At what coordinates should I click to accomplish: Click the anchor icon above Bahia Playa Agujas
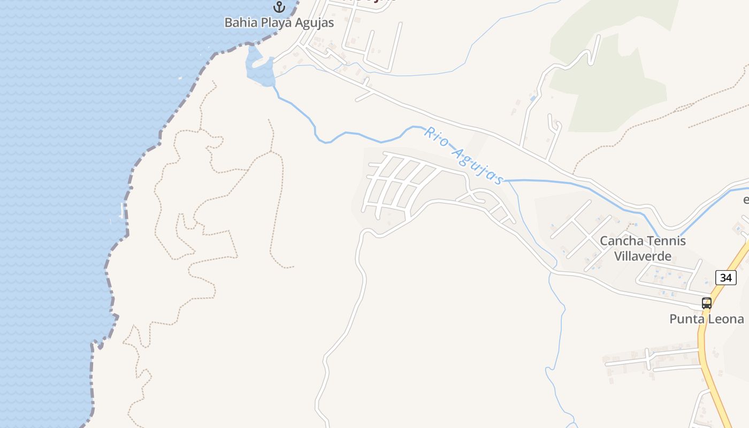point(279,7)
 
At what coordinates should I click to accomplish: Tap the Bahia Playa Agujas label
point(279,22)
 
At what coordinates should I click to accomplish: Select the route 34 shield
point(725,277)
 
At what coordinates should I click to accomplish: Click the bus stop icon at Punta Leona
point(706,303)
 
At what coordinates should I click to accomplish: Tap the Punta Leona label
point(706,319)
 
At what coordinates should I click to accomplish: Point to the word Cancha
point(619,241)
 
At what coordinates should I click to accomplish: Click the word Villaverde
point(643,256)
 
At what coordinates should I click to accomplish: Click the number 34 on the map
point(725,277)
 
